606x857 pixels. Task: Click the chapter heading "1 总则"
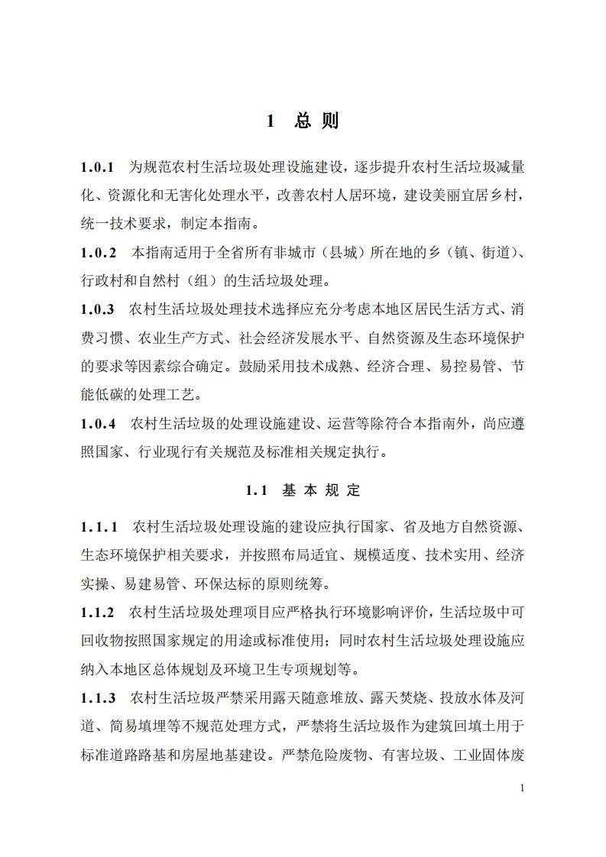(302, 121)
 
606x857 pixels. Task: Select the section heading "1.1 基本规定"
(303, 491)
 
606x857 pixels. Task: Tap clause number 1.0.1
(98, 166)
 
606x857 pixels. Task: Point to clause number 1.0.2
(99, 251)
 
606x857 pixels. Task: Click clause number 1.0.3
(98, 309)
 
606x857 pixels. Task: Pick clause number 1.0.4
(99, 422)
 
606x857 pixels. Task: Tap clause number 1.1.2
(98, 613)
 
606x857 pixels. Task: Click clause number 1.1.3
(98, 697)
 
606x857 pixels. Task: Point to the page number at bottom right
(521, 787)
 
